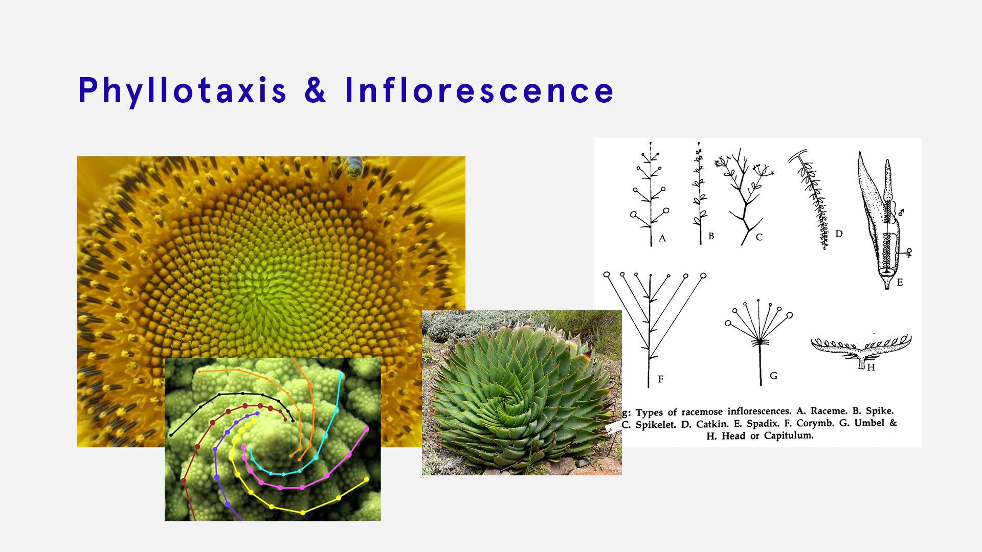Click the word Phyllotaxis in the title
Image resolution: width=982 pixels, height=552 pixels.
point(182,91)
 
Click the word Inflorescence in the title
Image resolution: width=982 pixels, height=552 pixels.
point(479,91)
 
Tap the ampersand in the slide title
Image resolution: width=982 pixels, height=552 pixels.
point(315,91)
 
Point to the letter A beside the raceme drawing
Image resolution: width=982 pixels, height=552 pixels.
point(662,238)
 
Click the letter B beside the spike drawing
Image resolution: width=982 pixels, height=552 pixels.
point(711,236)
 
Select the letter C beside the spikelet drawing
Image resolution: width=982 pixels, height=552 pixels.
point(759,237)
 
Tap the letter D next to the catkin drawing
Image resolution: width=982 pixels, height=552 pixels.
point(839,234)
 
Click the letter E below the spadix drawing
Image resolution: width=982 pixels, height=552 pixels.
point(900,282)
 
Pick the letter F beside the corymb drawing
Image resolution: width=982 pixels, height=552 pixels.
point(661,379)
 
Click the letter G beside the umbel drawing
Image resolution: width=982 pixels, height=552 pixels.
point(773,376)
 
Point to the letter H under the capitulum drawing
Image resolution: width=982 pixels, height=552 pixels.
point(871,367)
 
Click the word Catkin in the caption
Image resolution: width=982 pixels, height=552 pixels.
point(712,424)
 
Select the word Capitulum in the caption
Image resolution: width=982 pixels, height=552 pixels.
point(788,435)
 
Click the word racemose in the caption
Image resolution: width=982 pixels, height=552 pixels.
point(702,411)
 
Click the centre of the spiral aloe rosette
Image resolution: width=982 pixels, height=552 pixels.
point(511,406)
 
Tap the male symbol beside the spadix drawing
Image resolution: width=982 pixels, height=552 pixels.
point(901,211)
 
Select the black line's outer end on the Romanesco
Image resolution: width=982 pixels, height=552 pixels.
point(171,435)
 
